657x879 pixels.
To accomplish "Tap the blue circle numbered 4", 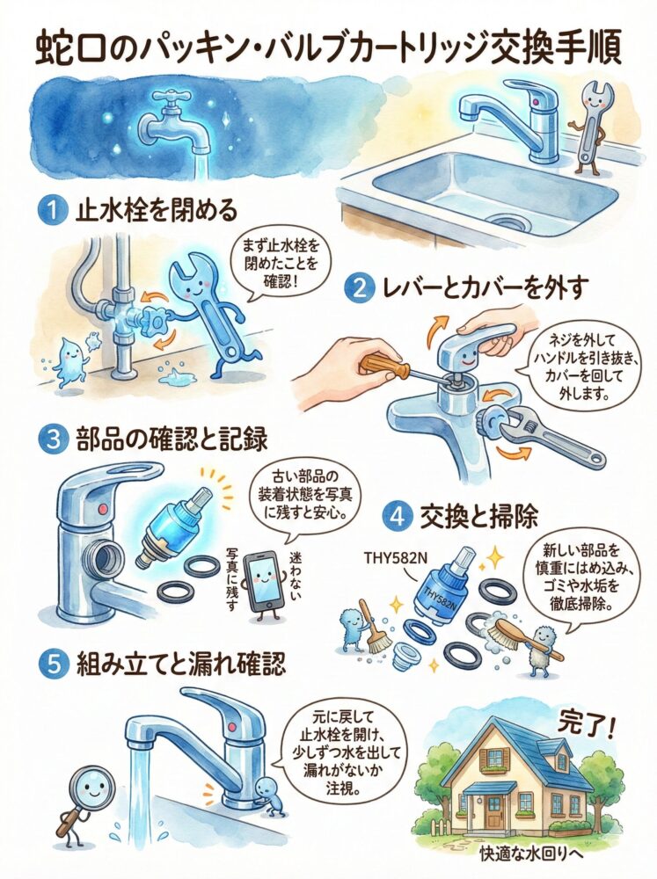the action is pos(398,515).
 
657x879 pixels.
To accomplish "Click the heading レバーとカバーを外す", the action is pos(485,287).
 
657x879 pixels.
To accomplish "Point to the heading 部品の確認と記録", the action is pos(172,439).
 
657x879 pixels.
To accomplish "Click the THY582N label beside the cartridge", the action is pos(395,558).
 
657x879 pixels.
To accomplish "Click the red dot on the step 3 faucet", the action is pos(102,509).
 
